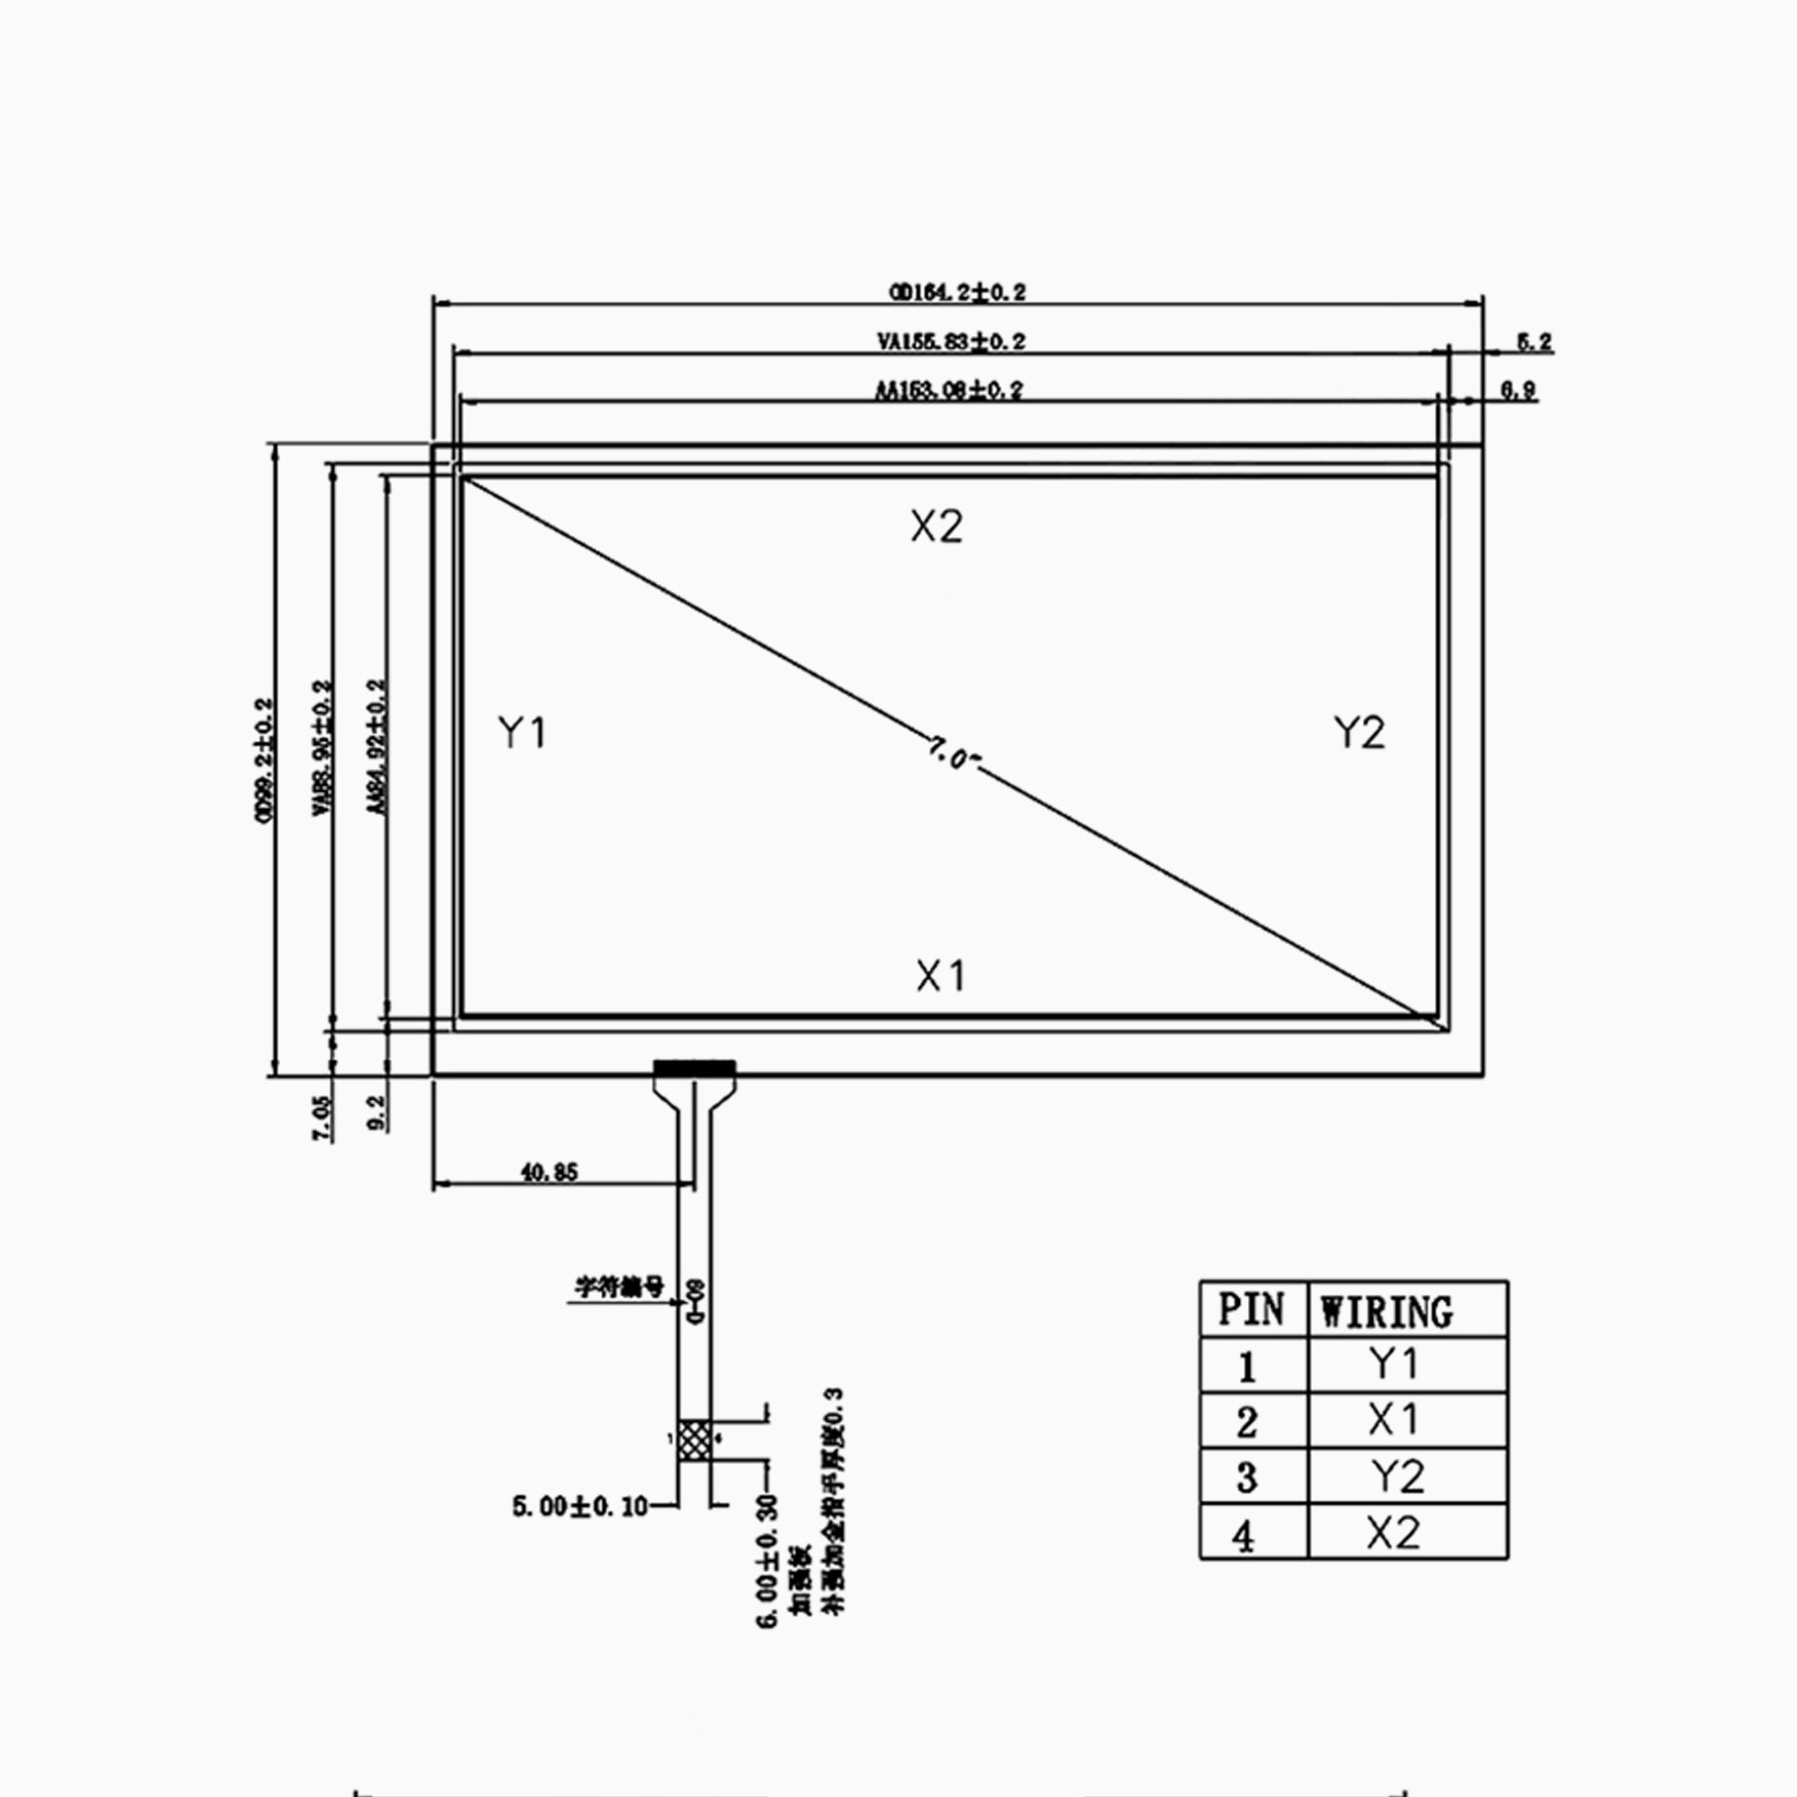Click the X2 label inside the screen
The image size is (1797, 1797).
[x=936, y=527]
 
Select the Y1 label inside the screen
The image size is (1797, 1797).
[x=523, y=733]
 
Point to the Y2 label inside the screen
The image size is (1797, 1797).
[x=1359, y=733]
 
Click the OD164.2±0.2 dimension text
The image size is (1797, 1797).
[x=958, y=293]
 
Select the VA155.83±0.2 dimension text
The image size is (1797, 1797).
[x=952, y=342]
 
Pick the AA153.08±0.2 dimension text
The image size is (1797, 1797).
[x=949, y=391]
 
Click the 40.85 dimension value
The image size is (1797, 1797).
[x=549, y=1173]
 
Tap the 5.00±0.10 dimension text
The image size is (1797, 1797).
[x=580, y=1507]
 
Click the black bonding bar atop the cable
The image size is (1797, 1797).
[x=694, y=1067]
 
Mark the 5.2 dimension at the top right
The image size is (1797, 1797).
[x=1535, y=342]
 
